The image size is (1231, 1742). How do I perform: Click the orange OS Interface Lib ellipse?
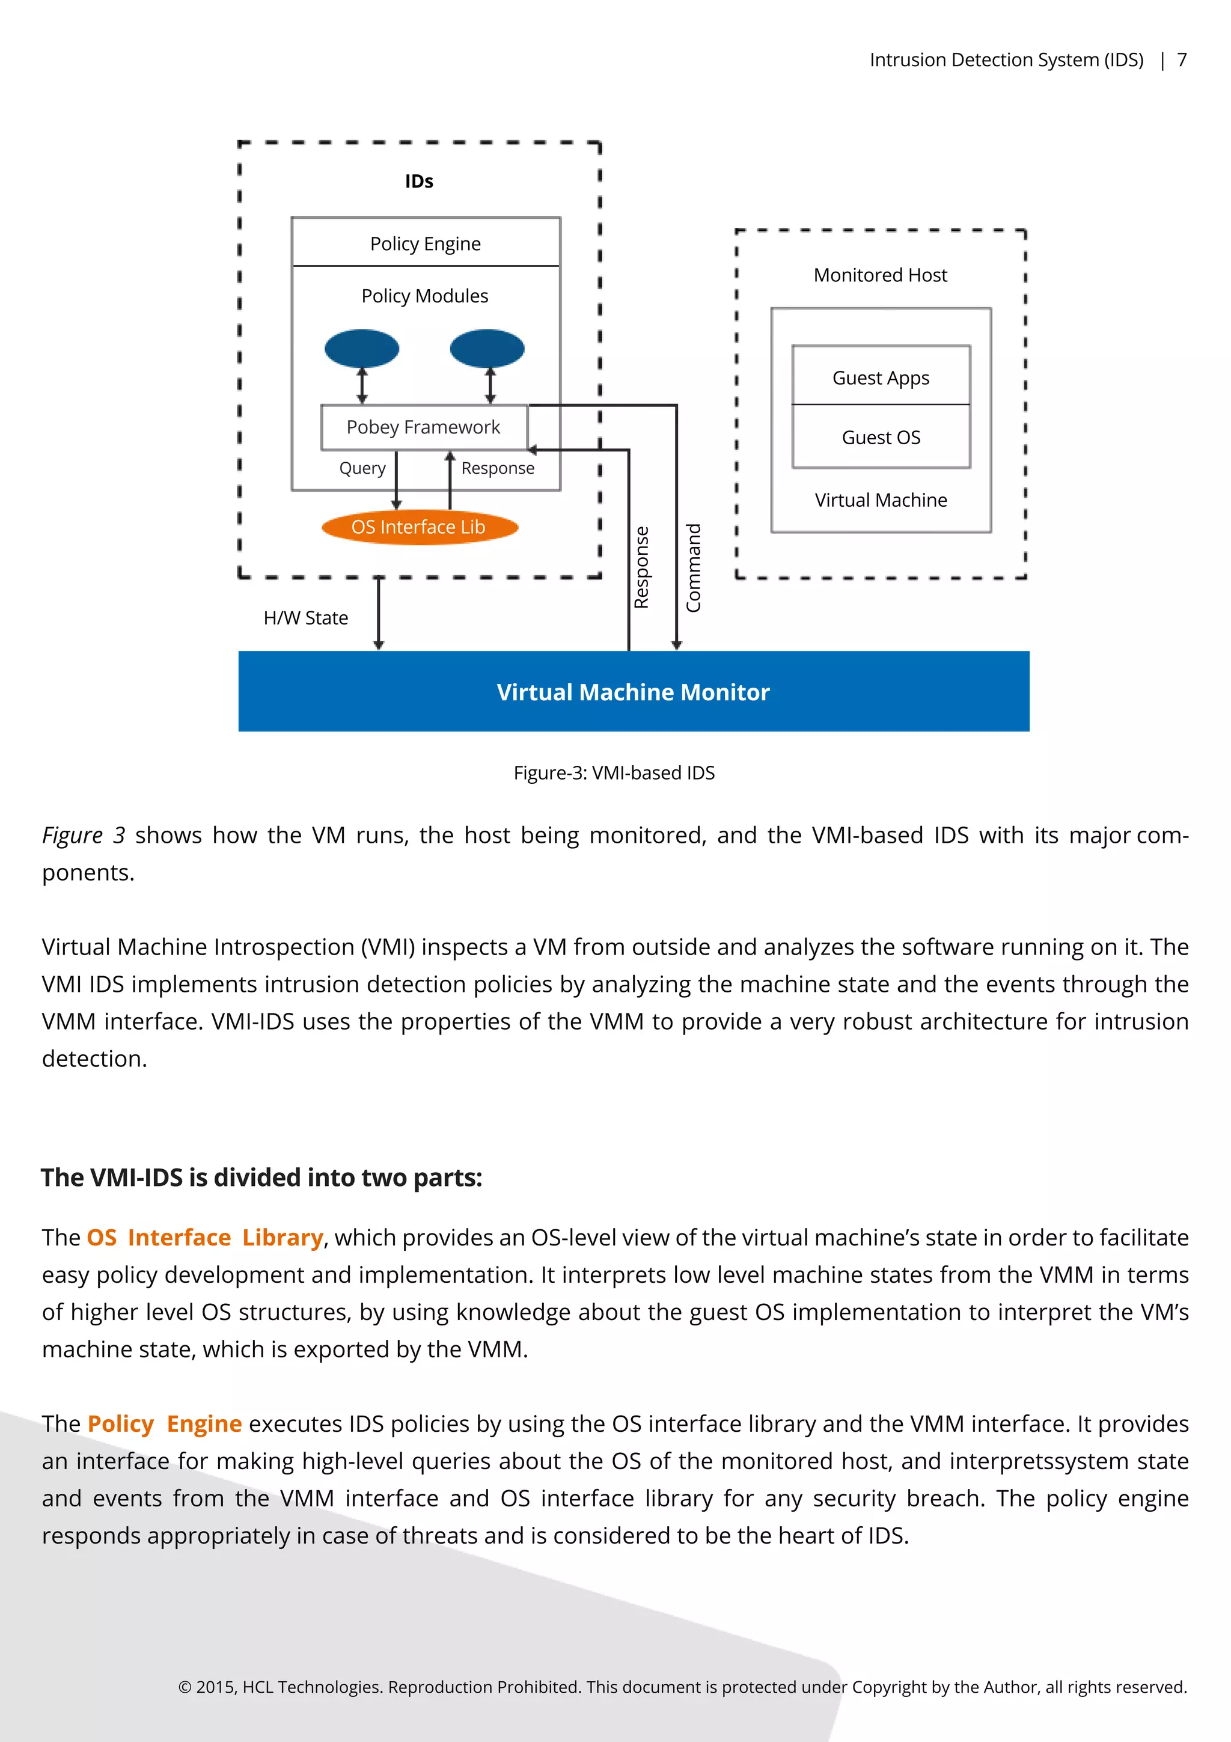pos(420,527)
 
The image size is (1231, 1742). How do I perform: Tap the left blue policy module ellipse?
pos(362,348)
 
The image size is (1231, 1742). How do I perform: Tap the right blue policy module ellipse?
pos(487,348)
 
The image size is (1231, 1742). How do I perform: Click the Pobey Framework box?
pos(423,427)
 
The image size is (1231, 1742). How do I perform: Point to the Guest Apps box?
pos(881,377)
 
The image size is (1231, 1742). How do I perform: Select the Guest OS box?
pos(881,438)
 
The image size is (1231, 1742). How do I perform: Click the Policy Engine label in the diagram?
pos(426,243)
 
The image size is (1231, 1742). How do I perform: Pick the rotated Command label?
pos(693,567)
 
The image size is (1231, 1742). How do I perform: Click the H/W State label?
pos(306,617)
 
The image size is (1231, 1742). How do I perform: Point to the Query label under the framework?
pos(362,468)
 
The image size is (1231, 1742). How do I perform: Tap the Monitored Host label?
pos(880,275)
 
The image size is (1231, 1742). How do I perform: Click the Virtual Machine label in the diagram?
pos(881,500)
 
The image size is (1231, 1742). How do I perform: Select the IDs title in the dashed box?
pos(419,182)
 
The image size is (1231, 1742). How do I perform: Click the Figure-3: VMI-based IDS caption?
pos(614,772)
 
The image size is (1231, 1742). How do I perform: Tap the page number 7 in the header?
pos(1181,60)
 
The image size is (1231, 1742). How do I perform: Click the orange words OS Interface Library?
pos(205,1238)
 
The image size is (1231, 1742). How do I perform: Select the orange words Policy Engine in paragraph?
pos(165,1423)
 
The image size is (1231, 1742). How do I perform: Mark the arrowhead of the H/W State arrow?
pos(379,645)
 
